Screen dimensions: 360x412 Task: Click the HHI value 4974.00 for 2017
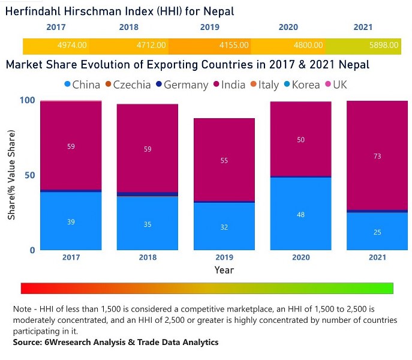click(x=73, y=46)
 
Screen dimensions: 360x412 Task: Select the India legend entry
click(x=228, y=85)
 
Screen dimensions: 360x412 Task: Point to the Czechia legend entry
click(x=127, y=85)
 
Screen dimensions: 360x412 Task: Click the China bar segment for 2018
click(x=148, y=223)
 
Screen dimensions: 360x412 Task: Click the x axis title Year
click(x=224, y=271)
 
